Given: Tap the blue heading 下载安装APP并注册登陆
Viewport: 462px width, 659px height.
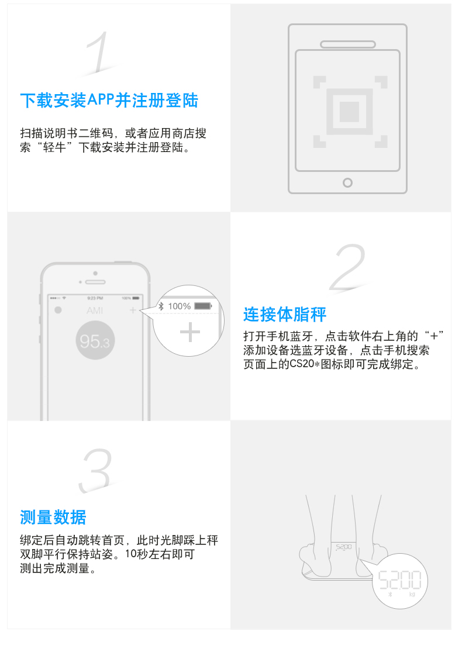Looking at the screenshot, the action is click(x=109, y=101).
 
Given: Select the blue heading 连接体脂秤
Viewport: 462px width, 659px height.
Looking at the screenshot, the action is click(x=285, y=315).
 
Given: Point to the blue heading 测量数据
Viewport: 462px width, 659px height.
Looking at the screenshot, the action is click(x=53, y=517).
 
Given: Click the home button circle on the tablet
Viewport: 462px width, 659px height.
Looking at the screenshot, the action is click(x=347, y=183).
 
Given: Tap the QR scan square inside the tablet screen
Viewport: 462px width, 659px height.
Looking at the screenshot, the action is click(x=350, y=112).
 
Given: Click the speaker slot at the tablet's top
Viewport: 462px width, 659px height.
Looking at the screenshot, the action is click(x=348, y=44).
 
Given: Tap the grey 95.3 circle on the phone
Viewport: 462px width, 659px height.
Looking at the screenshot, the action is click(x=95, y=340).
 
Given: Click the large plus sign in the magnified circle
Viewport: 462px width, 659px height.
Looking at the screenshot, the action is click(x=190, y=333).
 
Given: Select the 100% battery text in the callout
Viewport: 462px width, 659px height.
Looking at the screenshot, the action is click(x=180, y=306).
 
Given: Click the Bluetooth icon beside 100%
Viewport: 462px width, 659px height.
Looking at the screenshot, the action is click(x=161, y=306).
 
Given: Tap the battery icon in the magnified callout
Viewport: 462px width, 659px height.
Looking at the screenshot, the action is click(x=203, y=306).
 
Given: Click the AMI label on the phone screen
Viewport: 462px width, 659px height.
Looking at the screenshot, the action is click(x=95, y=310).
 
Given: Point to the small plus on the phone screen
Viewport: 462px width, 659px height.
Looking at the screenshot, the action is click(x=133, y=310).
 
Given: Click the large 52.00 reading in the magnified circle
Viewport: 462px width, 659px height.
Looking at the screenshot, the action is click(x=400, y=580).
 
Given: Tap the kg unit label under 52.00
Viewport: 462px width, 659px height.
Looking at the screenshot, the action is click(x=412, y=594).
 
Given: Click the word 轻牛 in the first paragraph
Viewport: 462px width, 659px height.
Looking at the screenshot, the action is click(x=54, y=147).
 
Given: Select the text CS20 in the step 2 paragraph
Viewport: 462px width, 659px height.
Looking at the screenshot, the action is click(x=302, y=364).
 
